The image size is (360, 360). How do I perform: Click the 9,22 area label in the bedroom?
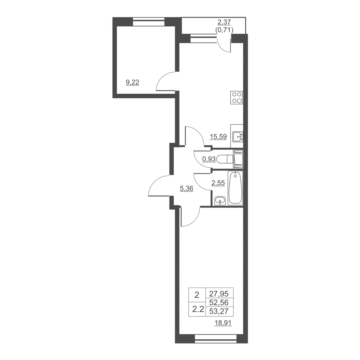click(133, 82)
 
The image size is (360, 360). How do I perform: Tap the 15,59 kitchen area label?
click(218, 137)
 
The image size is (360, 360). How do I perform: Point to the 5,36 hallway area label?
click(186, 188)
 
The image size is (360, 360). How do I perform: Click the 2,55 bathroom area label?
click(218, 183)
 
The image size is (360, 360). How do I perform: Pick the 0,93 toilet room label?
click(209, 159)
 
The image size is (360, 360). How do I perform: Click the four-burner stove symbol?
click(237, 97)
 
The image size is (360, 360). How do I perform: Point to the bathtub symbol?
click(235, 188)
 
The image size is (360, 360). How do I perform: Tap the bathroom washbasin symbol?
click(220, 201)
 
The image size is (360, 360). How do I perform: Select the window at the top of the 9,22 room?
click(149, 22)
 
